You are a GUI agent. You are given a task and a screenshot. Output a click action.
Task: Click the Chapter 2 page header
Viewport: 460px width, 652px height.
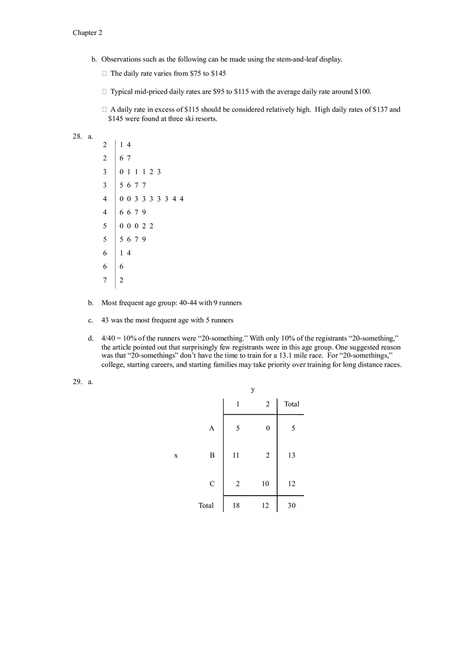point(87,33)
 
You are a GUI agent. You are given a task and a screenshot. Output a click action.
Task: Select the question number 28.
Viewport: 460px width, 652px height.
point(77,136)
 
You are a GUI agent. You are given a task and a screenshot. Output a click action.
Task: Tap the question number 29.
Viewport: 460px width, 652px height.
point(77,382)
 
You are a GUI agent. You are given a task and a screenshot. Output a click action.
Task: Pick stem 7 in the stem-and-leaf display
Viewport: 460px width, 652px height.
point(105,280)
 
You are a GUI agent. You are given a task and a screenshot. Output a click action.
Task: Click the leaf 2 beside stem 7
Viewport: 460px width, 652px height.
point(122,280)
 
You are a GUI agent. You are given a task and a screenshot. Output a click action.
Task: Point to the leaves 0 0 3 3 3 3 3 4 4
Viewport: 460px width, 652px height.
point(152,199)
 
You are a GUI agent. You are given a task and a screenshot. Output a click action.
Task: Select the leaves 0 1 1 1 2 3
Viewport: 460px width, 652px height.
point(140,172)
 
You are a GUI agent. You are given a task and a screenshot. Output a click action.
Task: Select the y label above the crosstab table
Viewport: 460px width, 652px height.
point(253,390)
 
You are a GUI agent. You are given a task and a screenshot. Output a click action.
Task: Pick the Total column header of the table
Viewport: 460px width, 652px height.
point(292,404)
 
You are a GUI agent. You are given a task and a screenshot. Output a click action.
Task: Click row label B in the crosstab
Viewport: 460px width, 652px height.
point(212,455)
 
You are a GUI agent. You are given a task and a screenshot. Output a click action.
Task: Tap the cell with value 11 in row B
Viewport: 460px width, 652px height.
point(236,455)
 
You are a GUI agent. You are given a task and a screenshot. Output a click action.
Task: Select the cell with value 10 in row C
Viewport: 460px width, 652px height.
point(266,484)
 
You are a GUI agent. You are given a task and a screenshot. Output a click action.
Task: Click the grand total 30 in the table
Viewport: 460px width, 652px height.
point(292,506)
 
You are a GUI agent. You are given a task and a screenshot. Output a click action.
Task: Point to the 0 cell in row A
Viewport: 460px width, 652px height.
point(268,428)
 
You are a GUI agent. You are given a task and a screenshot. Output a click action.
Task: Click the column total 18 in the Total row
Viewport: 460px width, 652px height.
point(236,506)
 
